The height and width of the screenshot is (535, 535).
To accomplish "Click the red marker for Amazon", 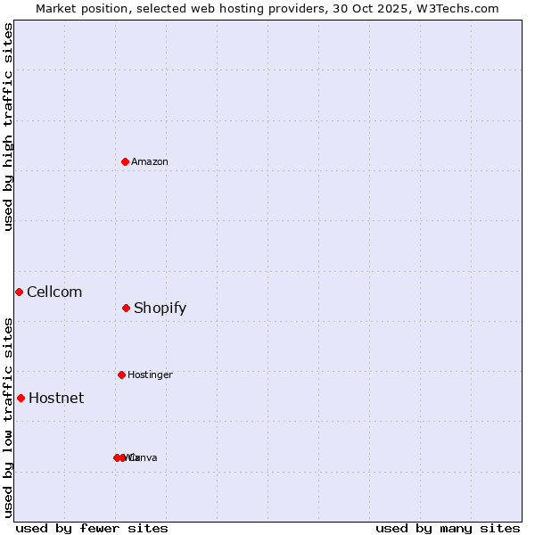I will (x=125, y=161).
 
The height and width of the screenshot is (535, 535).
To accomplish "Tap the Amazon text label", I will (x=150, y=162).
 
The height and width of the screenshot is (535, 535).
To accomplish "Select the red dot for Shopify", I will (x=126, y=308).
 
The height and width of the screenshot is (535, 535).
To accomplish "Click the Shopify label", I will (x=160, y=309).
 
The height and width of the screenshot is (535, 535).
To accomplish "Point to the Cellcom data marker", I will (x=19, y=292).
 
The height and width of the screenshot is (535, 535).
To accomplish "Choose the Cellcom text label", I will (x=54, y=292).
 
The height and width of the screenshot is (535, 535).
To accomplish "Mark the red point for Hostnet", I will (x=21, y=398).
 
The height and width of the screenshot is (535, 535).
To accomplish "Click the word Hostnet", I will (x=56, y=399).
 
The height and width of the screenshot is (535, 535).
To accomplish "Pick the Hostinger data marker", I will (x=121, y=374).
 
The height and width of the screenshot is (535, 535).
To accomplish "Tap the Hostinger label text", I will (x=150, y=375).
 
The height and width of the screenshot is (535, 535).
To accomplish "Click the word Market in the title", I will (x=56, y=8).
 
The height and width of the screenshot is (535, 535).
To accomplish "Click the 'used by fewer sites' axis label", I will (x=92, y=528).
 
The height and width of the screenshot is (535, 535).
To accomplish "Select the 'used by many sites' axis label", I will (x=448, y=528).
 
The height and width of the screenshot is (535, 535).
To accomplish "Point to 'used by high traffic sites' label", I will (x=8, y=127).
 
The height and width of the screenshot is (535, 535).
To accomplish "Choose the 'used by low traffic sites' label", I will (x=8, y=417).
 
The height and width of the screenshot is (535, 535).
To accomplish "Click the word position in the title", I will (x=109, y=8).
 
